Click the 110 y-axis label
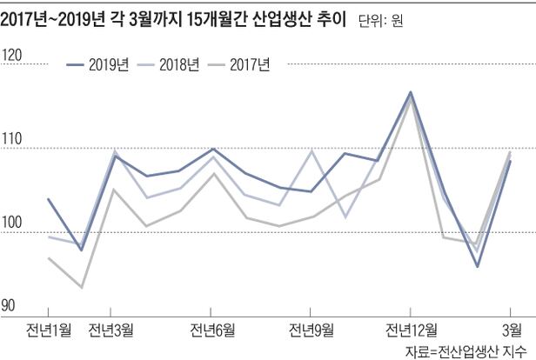[12, 142]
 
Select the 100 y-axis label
[12, 225]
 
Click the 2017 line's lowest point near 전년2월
[81, 287]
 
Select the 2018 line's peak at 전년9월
[312, 150]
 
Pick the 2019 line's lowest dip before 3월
[478, 266]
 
